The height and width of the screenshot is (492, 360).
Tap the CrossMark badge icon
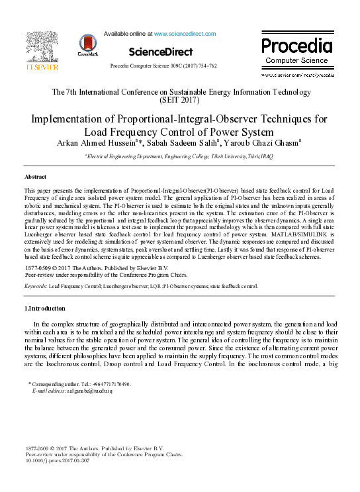(x=87, y=44)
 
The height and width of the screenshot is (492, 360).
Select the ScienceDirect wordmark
(x=161, y=52)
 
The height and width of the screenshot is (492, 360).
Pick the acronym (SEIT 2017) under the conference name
(x=180, y=100)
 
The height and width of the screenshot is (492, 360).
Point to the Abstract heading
(x=35, y=177)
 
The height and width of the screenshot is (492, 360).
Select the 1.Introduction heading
(x=45, y=309)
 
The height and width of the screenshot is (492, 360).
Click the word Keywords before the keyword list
(x=35, y=286)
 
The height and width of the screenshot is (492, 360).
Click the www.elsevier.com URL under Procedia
(x=296, y=76)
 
